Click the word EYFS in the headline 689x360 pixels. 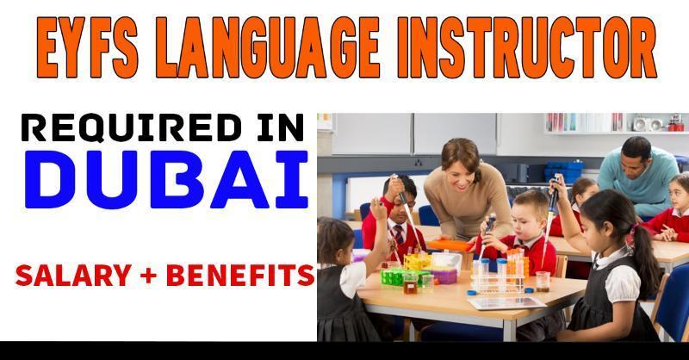88,47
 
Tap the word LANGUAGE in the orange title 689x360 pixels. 268,47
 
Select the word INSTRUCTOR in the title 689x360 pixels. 527,47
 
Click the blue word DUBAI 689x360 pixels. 166,179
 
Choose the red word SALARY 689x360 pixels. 73,276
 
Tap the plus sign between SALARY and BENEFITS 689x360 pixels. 149,276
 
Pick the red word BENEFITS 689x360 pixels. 240,276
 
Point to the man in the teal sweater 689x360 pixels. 638,175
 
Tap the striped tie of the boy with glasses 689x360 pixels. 400,234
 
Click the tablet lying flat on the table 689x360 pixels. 507,303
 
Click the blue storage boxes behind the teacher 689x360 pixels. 563,171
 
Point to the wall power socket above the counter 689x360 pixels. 418,163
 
